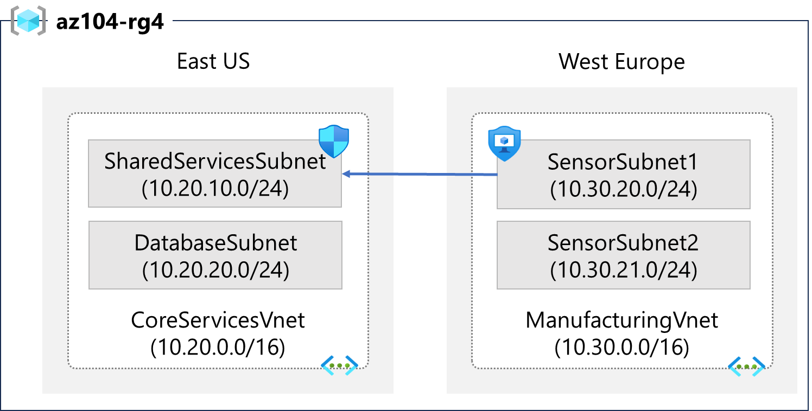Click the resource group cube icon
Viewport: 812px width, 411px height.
point(28,21)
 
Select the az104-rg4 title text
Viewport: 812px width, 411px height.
point(110,23)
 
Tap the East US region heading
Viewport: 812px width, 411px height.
point(213,61)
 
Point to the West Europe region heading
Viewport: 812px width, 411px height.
point(621,61)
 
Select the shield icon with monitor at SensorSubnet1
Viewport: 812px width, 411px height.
point(504,143)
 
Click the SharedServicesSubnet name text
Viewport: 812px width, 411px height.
point(215,161)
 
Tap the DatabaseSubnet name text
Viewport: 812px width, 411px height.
point(215,243)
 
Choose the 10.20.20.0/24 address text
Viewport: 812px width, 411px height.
point(215,269)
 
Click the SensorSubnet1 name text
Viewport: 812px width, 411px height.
point(623,162)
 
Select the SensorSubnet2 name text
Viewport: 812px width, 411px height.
point(623,243)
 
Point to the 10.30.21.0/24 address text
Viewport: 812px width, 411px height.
point(623,269)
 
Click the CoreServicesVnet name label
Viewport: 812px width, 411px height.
point(218,320)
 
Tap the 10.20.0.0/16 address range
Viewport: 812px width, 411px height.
point(218,347)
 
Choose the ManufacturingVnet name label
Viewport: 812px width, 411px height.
point(622,320)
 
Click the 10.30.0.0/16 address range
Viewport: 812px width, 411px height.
point(622,347)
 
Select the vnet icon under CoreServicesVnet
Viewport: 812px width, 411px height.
point(339,366)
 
